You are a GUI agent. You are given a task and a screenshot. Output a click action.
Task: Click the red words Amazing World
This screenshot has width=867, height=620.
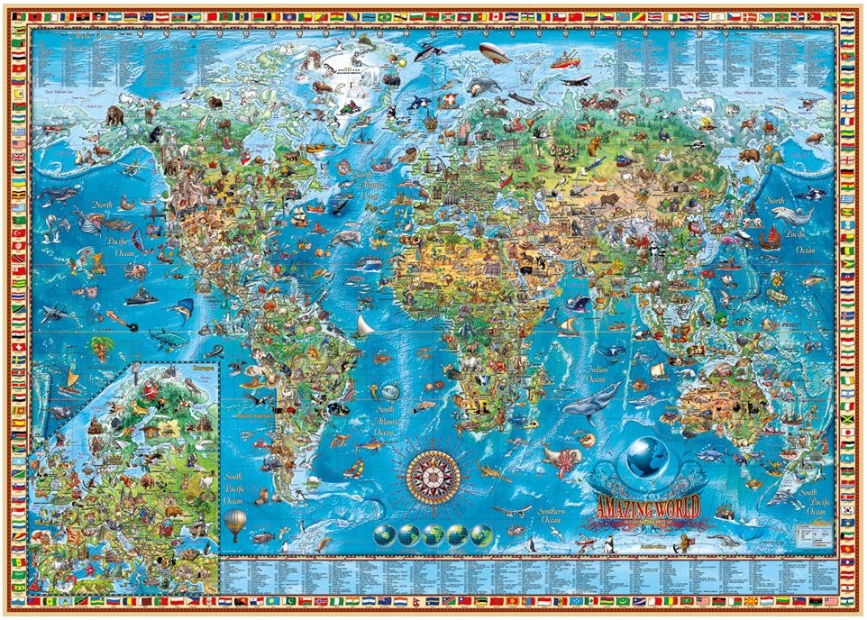point(646,505)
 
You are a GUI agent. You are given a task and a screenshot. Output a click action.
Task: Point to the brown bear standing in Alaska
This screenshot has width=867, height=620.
point(114,115)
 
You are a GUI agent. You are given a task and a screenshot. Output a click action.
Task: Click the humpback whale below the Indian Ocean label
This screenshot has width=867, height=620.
point(592,399)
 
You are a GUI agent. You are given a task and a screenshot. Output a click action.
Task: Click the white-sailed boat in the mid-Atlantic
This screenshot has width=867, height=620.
point(363,324)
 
